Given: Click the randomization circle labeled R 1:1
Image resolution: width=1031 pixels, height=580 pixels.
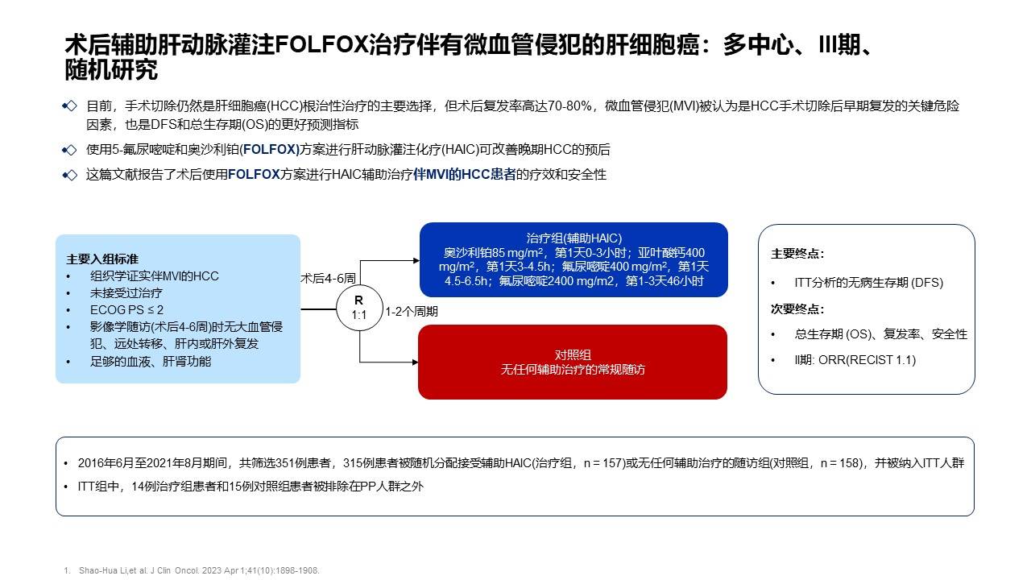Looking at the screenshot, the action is point(359,308).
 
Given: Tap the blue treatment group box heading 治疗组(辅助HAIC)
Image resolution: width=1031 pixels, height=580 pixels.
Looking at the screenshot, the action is point(574,238).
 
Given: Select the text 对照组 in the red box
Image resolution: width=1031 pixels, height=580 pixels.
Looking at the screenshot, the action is point(573,354).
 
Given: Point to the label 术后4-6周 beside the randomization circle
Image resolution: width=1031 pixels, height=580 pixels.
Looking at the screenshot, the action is point(328,278).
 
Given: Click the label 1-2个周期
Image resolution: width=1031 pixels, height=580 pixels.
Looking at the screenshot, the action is point(412,312).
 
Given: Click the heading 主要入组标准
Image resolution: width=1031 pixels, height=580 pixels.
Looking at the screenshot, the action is point(102,259).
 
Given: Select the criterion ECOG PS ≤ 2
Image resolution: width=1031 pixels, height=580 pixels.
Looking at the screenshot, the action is point(126,310).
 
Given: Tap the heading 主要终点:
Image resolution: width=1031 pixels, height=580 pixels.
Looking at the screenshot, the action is point(797,254).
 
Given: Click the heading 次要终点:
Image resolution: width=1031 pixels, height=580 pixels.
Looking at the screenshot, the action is point(797,309).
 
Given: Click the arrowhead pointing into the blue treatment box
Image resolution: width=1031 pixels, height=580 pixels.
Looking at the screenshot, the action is point(416,260).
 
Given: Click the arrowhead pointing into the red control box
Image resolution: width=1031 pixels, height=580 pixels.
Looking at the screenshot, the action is point(415,362).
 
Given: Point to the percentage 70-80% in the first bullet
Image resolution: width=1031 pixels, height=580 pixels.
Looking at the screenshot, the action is point(569,106).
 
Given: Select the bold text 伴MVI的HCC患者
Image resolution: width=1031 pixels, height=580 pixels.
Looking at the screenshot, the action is point(465,175).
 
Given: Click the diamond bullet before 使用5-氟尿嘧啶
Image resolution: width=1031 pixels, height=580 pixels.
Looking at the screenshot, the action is point(69,150).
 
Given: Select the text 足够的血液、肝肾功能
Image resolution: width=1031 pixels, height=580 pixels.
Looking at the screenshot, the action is point(151,362).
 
